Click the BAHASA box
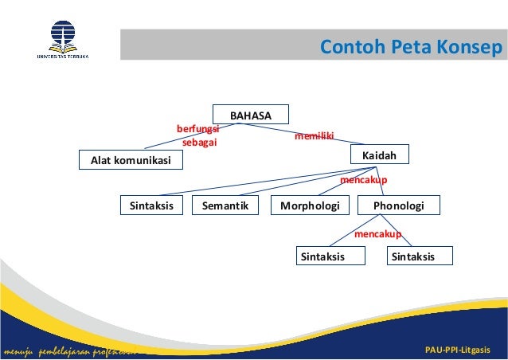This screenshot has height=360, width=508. click(x=251, y=115)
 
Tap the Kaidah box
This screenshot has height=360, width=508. click(x=380, y=154)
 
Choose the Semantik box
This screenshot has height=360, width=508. click(x=226, y=206)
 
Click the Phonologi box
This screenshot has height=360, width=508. click(x=398, y=206)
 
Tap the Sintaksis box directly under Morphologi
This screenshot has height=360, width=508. click(x=322, y=256)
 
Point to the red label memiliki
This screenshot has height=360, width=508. click(x=315, y=137)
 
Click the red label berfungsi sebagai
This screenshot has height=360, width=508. click(x=198, y=135)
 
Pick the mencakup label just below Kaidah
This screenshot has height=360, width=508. click(x=364, y=181)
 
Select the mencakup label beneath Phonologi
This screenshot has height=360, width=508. click(x=377, y=234)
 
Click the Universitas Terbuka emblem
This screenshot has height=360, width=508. click(x=63, y=36)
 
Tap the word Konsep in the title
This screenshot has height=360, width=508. click(x=470, y=47)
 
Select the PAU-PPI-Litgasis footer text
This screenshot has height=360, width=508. click(x=458, y=350)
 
